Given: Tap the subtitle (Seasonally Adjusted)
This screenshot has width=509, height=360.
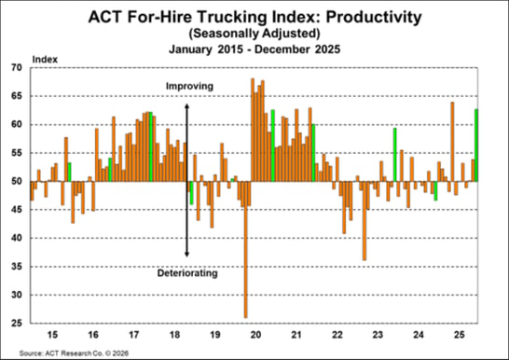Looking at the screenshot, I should point(255,33).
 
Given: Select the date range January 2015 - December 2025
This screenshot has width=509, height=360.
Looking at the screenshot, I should point(255,47).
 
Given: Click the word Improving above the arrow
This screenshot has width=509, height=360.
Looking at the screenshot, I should point(189,87).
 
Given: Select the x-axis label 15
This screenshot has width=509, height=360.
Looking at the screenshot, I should point(53,334).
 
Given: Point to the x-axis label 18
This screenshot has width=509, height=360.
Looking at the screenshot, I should point(174,334).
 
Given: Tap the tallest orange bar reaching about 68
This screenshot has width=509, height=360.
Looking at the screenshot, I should point(253,130).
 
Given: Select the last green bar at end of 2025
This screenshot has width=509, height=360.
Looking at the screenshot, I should point(476,145).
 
